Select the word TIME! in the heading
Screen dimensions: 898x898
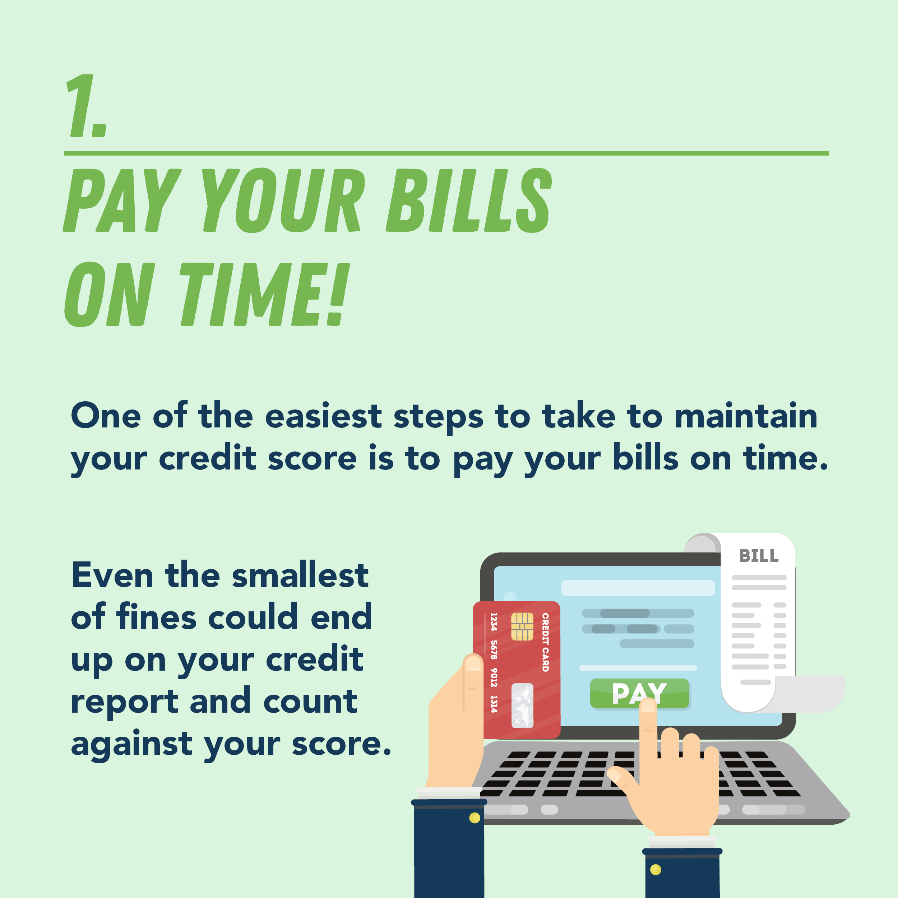pyautogui.click(x=264, y=294)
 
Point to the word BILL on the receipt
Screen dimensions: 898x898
pyautogui.click(x=759, y=555)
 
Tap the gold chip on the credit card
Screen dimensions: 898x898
pyautogui.click(x=522, y=626)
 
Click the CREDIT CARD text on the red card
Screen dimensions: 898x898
pyautogui.click(x=545, y=642)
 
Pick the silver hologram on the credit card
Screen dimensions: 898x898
pyautogui.click(x=522, y=705)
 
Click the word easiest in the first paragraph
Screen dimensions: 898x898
pyautogui.click(x=324, y=416)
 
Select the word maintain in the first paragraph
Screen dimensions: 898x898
pyautogui.click(x=746, y=416)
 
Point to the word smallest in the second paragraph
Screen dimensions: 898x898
pyautogui.click(x=300, y=575)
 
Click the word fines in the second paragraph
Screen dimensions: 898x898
pyautogui.click(x=157, y=617)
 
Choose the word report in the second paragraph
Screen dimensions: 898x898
pyautogui.click(x=125, y=702)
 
